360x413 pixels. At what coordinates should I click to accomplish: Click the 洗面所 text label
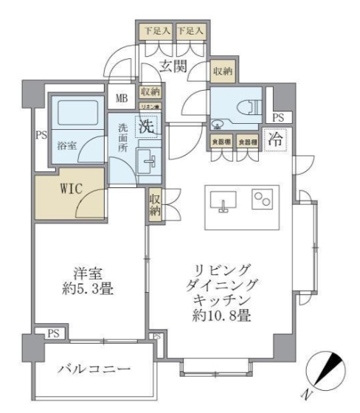(122, 136)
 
